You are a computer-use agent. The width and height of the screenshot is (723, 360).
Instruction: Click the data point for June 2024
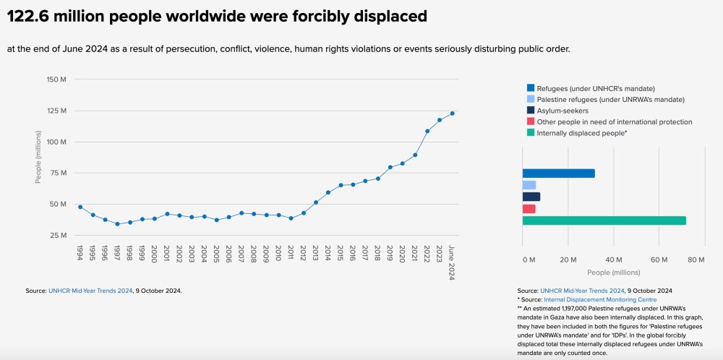coord(452,113)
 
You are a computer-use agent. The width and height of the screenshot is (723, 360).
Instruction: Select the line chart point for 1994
coord(80,207)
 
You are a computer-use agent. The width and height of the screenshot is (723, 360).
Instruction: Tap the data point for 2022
coord(427,131)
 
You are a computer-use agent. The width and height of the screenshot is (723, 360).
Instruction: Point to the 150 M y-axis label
coord(56,79)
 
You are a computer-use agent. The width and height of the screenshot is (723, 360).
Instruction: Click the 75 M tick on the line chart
coord(58,173)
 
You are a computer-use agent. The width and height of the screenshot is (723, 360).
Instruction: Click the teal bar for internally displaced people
coord(604,220)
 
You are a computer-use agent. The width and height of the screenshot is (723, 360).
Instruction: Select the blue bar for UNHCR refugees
coord(558,173)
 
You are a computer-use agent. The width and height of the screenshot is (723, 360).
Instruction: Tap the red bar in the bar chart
coord(529,209)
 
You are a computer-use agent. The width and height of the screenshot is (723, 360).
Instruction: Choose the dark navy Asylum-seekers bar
coord(531,197)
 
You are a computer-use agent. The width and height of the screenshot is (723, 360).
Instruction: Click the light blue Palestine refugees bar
coord(529,185)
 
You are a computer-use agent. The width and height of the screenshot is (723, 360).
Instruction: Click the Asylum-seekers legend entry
coord(562,111)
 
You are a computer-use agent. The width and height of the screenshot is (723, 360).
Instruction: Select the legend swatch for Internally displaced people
coord(531,133)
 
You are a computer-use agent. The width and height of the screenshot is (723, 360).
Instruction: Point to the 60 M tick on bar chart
coord(659,259)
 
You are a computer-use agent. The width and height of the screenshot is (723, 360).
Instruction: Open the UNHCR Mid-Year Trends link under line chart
coord(90,291)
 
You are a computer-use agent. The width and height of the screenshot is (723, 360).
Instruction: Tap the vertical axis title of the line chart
coord(38,157)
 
